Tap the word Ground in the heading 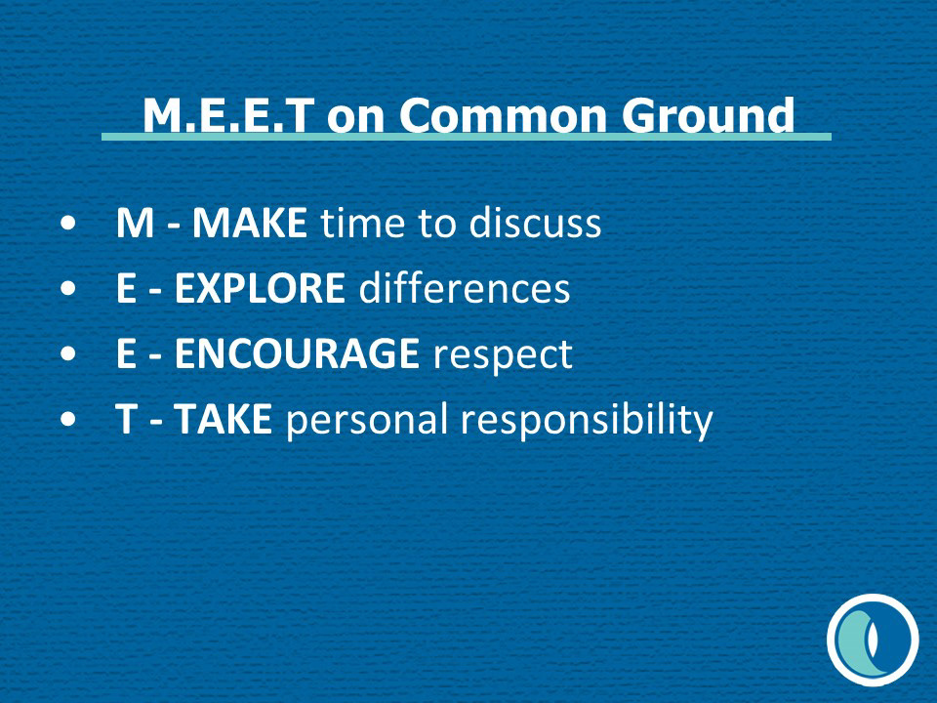pos(709,115)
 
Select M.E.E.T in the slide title pos(228,115)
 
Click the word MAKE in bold pos(250,223)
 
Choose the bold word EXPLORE pos(260,288)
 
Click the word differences pos(465,287)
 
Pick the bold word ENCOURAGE pos(297,353)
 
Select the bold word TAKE pos(224,419)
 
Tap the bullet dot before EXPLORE pos(68,289)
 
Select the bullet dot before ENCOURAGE pos(68,353)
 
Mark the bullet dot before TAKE pos(68,419)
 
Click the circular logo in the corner pos(873,640)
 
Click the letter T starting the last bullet pos(127,419)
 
